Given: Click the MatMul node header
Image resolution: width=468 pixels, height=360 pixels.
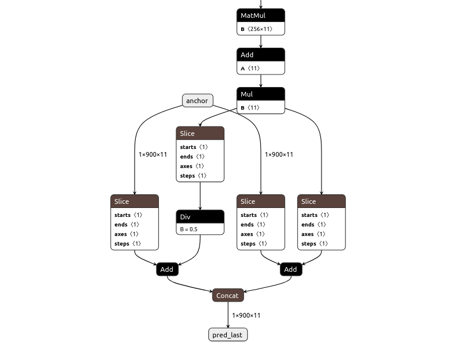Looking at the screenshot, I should pos(260,15).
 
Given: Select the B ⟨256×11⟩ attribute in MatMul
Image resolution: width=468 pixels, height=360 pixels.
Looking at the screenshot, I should pos(260,29).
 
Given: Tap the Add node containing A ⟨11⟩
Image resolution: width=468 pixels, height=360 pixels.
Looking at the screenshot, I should pos(260,55).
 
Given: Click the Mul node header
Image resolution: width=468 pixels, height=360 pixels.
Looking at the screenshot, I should pos(260,94).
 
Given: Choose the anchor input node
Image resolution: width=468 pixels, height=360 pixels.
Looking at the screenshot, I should pos(197,101).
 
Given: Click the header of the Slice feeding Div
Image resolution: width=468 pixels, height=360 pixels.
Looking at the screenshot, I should pos(200,133).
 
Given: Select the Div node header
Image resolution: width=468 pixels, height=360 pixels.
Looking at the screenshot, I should pos(200,216).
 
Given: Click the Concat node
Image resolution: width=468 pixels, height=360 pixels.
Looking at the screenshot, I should pos(227,295).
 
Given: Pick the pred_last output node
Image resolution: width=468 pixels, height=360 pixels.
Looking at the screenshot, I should pos(227,334).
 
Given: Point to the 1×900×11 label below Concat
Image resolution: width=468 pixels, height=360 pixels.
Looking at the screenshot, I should pos(246,315).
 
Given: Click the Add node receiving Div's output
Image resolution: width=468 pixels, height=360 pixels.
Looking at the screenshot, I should pos(167,269).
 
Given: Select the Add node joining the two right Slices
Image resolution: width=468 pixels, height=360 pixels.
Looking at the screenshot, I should pos(291,269).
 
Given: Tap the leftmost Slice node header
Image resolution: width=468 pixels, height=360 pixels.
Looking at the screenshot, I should pos(135,201).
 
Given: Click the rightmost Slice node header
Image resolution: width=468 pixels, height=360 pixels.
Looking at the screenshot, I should pos(322,201).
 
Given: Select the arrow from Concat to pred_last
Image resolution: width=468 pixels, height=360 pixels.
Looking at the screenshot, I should pos(227,315).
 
